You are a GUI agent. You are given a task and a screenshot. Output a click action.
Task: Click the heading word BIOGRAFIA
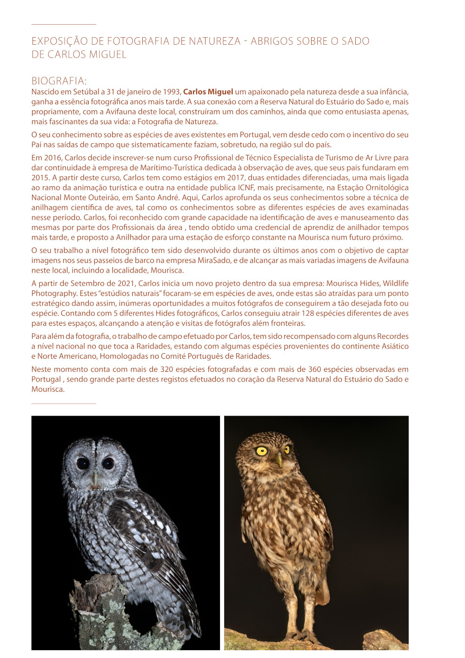59,81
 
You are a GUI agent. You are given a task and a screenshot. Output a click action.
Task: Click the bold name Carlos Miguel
208,92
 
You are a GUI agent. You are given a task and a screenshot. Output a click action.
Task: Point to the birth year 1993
172,92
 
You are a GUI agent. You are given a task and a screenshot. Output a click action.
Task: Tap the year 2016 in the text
53,158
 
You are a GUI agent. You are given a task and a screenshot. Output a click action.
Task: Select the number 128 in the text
307,313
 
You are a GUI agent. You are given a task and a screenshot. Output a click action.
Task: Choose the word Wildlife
395,283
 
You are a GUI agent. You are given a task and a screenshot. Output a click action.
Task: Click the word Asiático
393,346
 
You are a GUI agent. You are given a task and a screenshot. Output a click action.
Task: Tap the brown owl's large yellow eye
262,451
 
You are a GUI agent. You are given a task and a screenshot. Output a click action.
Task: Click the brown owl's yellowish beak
279,461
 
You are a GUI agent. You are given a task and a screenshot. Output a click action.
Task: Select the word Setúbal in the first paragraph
86,92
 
